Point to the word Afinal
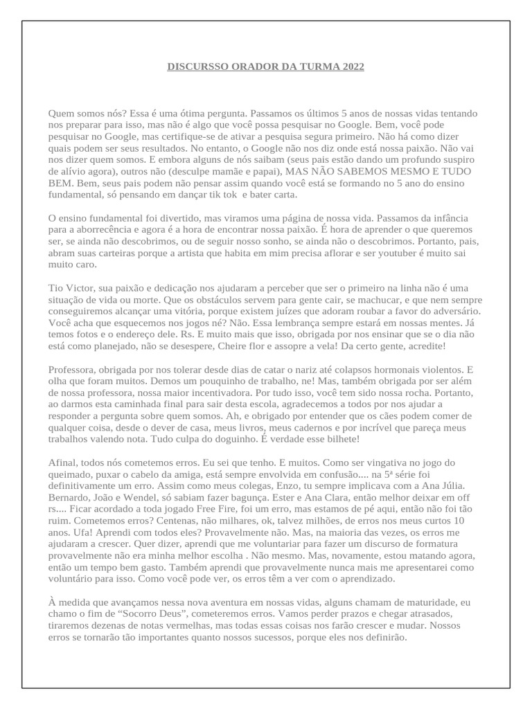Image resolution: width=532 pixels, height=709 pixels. (x=64, y=463)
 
